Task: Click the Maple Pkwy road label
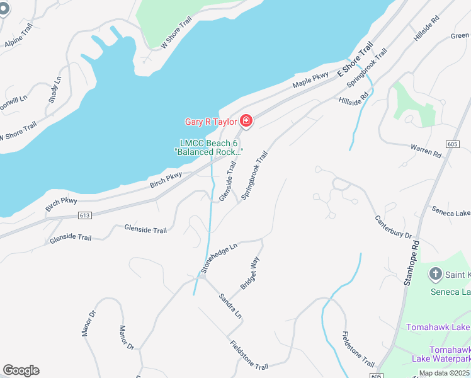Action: [x=310, y=80]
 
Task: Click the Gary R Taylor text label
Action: [x=210, y=122]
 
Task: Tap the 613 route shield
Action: [x=84, y=215]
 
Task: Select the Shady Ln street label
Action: [x=55, y=91]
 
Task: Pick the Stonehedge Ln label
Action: [x=218, y=258]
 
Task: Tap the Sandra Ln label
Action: [x=230, y=306]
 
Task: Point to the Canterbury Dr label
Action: [x=393, y=227]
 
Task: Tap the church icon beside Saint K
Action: [x=435, y=274]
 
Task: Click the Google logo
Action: [x=21, y=370]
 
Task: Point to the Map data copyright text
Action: [x=445, y=373]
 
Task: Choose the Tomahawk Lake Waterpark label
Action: [x=450, y=354]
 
